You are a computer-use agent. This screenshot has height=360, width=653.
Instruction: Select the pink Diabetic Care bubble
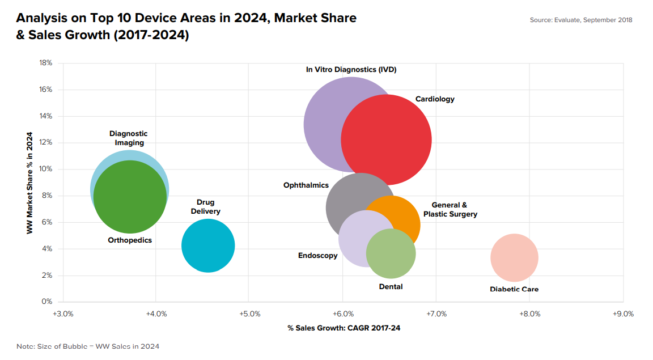(x=514, y=258)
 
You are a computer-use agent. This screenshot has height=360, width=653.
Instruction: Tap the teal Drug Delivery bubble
(x=208, y=245)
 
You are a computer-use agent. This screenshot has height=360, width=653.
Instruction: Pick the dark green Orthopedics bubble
(x=130, y=197)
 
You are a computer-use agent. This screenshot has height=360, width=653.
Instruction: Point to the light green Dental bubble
(x=391, y=253)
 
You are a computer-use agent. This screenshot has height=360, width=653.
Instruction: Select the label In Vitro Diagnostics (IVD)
(x=351, y=70)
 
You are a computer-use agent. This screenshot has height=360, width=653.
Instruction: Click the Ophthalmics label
(x=306, y=185)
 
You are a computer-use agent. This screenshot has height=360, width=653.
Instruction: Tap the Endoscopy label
(x=318, y=256)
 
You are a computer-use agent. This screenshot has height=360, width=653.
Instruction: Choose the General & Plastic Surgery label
(x=450, y=210)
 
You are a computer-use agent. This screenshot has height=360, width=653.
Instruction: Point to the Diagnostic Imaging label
(x=129, y=138)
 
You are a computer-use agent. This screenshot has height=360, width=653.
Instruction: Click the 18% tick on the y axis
(x=46, y=63)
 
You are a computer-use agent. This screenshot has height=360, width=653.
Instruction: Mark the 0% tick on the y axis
(x=47, y=301)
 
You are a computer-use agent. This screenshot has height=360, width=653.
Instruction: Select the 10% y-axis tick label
(x=46, y=169)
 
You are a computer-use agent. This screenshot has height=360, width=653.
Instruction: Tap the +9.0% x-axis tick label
(x=623, y=314)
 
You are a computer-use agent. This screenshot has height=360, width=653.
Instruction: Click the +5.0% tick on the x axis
(x=250, y=314)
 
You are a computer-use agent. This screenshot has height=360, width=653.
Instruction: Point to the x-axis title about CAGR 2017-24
(x=344, y=328)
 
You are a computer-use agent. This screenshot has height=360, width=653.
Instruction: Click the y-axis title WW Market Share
(x=29, y=183)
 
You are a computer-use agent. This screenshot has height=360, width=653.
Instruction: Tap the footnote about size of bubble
(x=88, y=346)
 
